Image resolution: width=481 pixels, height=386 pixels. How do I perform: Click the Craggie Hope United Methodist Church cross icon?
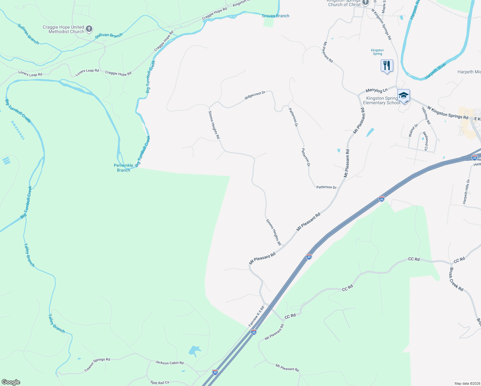coord(89,29)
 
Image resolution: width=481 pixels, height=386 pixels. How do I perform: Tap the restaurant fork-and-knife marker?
coord(387,66)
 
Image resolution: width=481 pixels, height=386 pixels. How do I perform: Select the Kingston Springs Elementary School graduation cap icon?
coord(404,96)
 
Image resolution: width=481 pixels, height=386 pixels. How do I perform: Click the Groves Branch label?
coord(276,16)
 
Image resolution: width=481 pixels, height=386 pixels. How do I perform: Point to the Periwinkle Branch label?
coord(123,168)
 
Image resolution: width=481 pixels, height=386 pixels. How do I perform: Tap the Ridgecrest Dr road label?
coord(255,95)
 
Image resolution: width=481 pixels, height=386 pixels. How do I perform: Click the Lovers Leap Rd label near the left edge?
coord(30,74)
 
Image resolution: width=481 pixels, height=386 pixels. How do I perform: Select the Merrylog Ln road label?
coord(377,90)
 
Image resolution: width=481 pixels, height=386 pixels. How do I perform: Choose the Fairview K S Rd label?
coord(256,317)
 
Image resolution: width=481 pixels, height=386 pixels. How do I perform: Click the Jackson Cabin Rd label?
coord(169,363)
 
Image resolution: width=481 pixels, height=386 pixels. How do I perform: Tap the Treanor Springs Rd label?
coord(97,365)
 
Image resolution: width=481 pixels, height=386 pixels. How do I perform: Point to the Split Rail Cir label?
coord(160,382)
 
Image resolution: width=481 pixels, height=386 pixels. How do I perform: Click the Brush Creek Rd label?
coord(456,280)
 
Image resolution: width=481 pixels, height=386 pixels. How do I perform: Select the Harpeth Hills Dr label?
coord(467,192)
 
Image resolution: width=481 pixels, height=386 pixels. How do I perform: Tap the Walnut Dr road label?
coord(413,130)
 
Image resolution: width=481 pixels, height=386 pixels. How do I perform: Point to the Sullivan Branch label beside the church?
coord(109,35)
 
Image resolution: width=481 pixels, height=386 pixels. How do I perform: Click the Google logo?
coord(11,382)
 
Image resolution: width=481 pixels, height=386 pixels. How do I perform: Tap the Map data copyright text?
coord(467,383)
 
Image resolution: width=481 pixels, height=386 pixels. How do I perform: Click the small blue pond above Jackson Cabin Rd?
coord(194,351)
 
